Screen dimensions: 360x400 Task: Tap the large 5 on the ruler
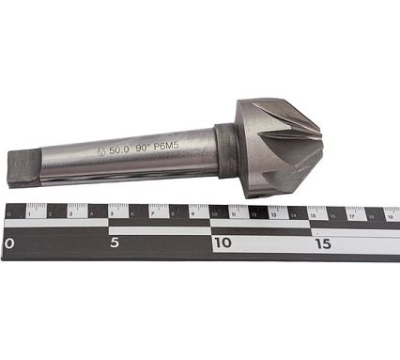113,243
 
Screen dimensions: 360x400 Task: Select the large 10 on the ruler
223,243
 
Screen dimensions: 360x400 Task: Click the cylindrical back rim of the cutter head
246,149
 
